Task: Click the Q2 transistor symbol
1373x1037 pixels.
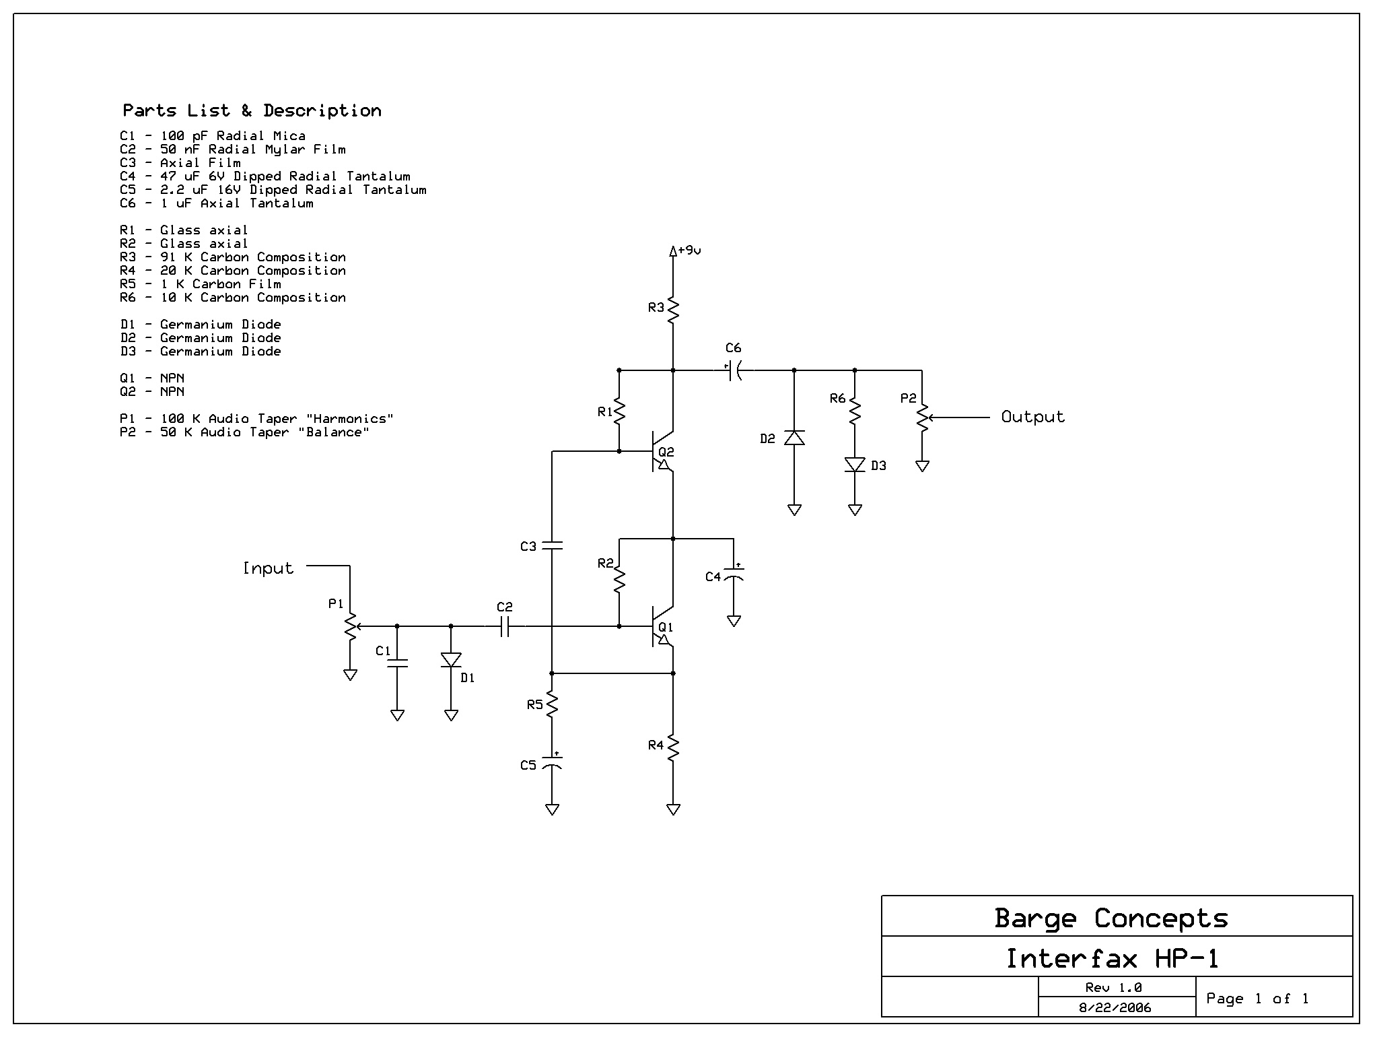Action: (663, 451)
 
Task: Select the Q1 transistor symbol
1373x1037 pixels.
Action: (663, 626)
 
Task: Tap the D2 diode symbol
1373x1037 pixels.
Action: (794, 438)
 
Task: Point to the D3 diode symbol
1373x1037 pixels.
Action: (855, 465)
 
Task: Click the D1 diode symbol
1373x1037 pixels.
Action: (451, 660)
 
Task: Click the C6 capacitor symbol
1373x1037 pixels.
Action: (735, 370)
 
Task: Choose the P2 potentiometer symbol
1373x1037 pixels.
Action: (923, 417)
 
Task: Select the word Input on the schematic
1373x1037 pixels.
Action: (268, 568)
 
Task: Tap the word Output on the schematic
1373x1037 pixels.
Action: (1033, 417)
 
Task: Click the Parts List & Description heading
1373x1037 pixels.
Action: (252, 110)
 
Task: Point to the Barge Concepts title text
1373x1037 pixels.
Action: (1111, 918)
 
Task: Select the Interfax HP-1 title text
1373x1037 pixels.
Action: (1112, 958)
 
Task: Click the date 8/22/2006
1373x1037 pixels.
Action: (1115, 1007)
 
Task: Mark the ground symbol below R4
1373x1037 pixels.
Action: (673, 809)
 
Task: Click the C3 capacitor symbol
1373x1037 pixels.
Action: (552, 545)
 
